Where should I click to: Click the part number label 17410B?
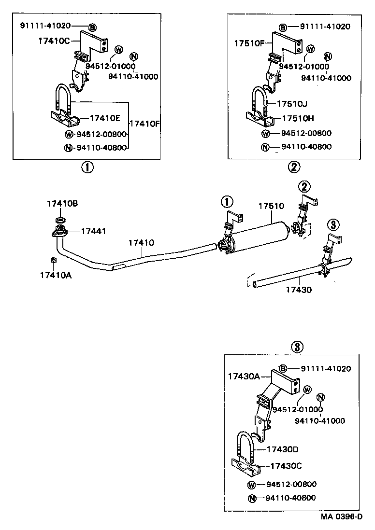(62, 204)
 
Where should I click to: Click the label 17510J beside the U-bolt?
(294, 104)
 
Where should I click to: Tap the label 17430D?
(283, 449)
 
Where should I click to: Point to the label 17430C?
(286, 466)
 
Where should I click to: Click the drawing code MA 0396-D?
(341, 517)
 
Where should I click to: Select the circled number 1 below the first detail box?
(87, 167)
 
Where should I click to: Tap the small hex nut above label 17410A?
(54, 261)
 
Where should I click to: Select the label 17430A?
(244, 376)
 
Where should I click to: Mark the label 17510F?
(249, 42)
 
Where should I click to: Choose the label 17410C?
(54, 41)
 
